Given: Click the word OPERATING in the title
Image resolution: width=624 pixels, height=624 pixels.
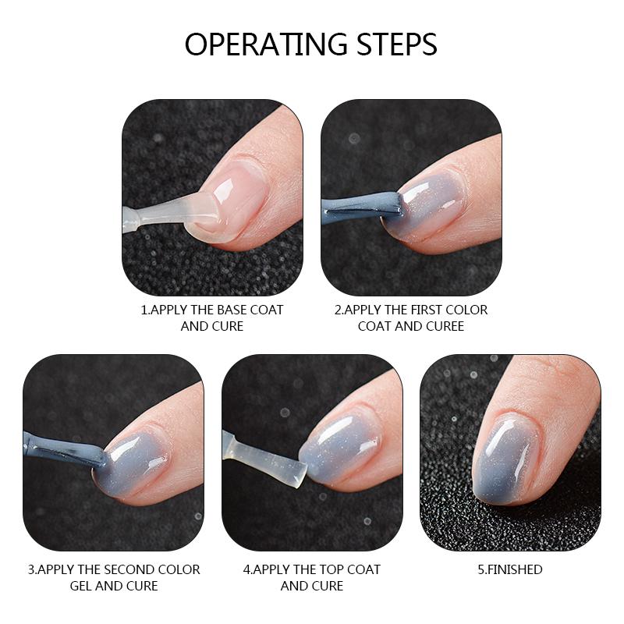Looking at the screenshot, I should (x=265, y=44).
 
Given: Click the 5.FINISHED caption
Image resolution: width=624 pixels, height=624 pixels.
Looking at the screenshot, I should (x=509, y=569).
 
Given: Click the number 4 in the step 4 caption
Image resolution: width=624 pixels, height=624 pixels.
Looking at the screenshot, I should (x=246, y=569).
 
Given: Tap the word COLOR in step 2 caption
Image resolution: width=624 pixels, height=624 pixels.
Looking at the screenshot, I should (x=469, y=310).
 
